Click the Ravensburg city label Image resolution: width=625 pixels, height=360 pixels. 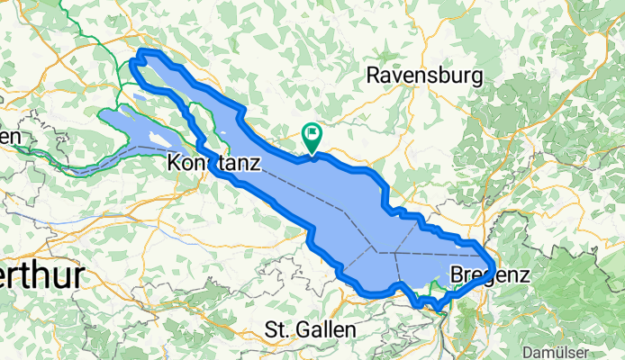click(425, 76)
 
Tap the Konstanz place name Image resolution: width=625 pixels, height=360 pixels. click(214, 164)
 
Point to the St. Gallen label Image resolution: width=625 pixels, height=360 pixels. click(310, 330)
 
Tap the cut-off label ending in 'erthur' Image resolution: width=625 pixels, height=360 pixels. click(41, 274)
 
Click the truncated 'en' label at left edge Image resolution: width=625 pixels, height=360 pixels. click(9, 136)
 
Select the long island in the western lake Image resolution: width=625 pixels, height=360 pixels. click(155, 136)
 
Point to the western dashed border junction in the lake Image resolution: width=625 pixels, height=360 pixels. click(371, 253)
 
